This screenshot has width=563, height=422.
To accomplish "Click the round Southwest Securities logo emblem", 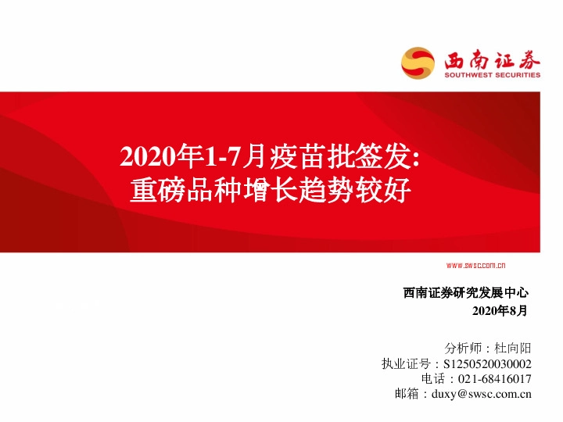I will click(418, 63).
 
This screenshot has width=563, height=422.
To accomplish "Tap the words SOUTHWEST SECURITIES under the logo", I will click(492, 76).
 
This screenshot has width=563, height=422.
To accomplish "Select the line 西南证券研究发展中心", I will click(466, 293).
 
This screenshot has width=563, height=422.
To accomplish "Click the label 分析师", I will click(461, 349).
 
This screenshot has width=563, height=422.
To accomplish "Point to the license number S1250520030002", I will click(487, 364).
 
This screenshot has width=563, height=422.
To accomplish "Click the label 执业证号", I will click(406, 364).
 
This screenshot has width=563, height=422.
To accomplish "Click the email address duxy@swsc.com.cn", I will click(481, 394).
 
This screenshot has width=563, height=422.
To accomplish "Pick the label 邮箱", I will click(407, 394).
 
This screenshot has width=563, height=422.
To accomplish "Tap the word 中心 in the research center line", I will click(517, 293).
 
